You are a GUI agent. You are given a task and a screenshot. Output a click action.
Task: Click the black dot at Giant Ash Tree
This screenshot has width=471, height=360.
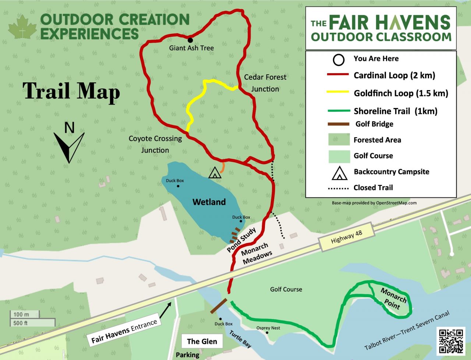190,40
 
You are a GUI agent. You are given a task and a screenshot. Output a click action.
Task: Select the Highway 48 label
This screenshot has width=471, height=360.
346,237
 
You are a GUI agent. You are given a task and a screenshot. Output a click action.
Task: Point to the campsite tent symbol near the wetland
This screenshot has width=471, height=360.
215,173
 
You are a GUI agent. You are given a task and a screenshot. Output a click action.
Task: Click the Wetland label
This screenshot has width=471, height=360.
209,202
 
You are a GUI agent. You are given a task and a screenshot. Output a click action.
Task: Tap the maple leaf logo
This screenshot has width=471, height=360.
23,28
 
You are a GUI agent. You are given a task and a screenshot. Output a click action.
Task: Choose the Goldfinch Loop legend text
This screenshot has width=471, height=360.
401,93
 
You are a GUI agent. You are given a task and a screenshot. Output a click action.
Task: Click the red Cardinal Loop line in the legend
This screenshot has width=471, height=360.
338,75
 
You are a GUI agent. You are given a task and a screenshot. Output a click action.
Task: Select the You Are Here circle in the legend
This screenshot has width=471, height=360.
338,60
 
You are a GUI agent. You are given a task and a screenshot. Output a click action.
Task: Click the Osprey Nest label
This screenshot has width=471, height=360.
268,328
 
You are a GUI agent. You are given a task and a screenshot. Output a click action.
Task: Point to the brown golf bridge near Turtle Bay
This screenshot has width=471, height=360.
219,306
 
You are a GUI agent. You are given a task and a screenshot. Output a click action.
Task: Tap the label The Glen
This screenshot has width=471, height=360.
202,341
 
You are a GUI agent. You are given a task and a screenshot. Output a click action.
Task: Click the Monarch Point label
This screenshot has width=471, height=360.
393,299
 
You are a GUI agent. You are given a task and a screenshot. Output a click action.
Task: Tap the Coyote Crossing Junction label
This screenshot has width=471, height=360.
155,144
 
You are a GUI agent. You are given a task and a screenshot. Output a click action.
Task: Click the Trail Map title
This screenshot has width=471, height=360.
71,91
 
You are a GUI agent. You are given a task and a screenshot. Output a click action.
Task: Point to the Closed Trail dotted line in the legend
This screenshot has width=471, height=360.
338,188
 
